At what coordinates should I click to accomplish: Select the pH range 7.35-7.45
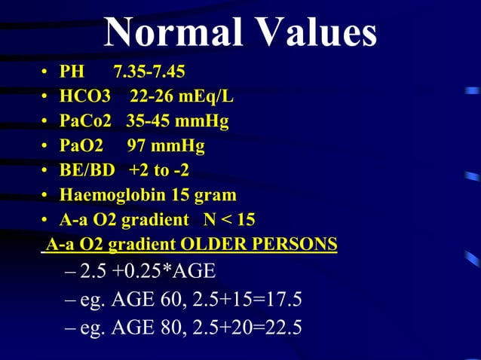(149, 72)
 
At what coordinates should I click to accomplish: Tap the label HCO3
(85, 97)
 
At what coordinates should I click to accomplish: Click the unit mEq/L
(211, 97)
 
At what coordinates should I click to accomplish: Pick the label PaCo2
(85, 121)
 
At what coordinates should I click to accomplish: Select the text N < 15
(229, 220)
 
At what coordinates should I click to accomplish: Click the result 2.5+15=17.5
(247, 301)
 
